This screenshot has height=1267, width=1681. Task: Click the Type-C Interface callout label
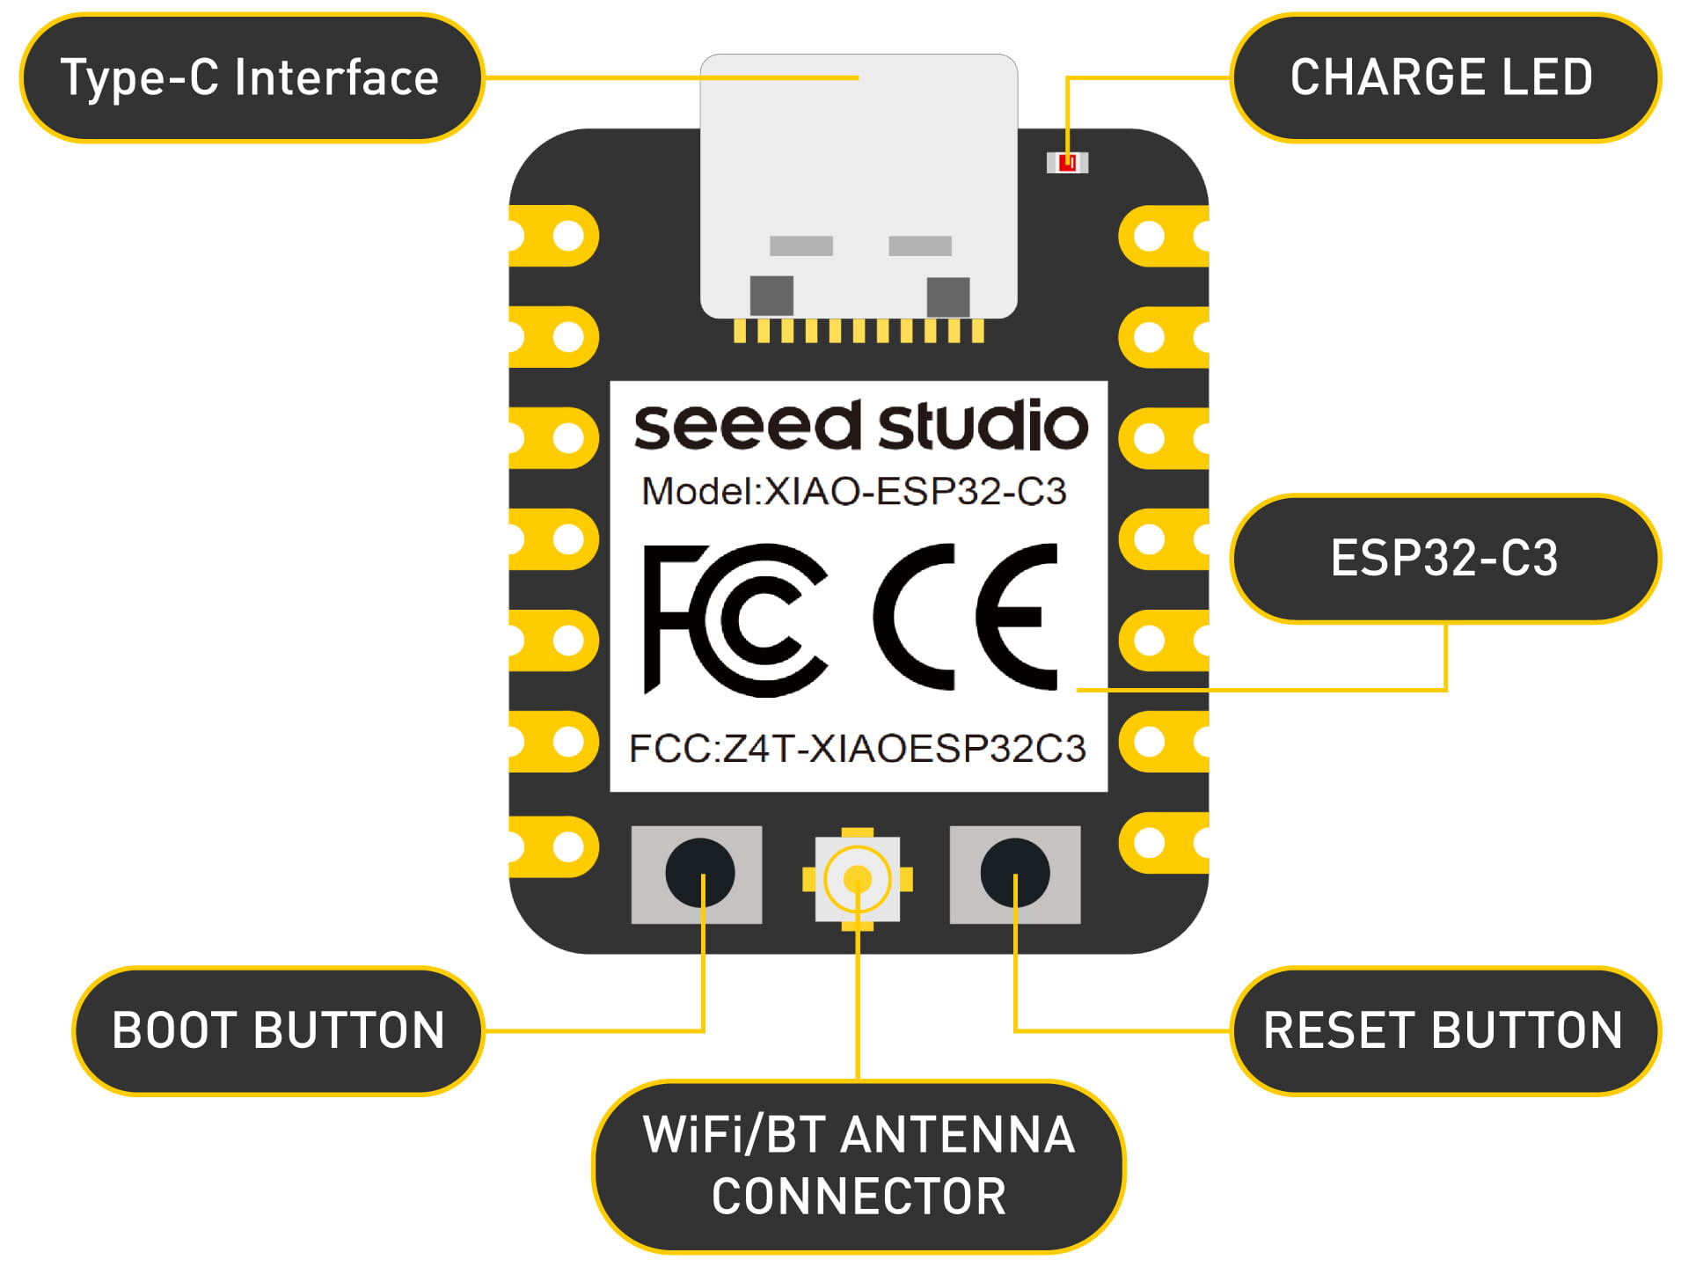click(251, 77)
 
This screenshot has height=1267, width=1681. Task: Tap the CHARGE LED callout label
click(1443, 77)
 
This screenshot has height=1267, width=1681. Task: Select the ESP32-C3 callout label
click(1443, 558)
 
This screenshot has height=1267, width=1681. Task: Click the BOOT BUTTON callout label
click(278, 1030)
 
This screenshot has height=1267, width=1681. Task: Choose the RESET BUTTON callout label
click(1443, 1030)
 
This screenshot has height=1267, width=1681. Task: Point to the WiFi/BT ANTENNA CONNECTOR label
click(859, 1165)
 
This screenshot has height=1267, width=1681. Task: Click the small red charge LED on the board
click(1067, 163)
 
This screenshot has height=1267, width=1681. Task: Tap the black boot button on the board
click(699, 873)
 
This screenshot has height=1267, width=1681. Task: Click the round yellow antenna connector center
click(857, 878)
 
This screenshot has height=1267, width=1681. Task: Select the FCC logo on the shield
click(735, 619)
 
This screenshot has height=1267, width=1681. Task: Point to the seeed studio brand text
click(860, 426)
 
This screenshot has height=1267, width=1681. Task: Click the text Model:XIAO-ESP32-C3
click(853, 492)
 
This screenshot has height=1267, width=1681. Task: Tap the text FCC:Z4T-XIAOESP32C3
click(858, 749)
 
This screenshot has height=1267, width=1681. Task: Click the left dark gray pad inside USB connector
click(771, 296)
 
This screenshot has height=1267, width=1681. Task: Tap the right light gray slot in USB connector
click(919, 245)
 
